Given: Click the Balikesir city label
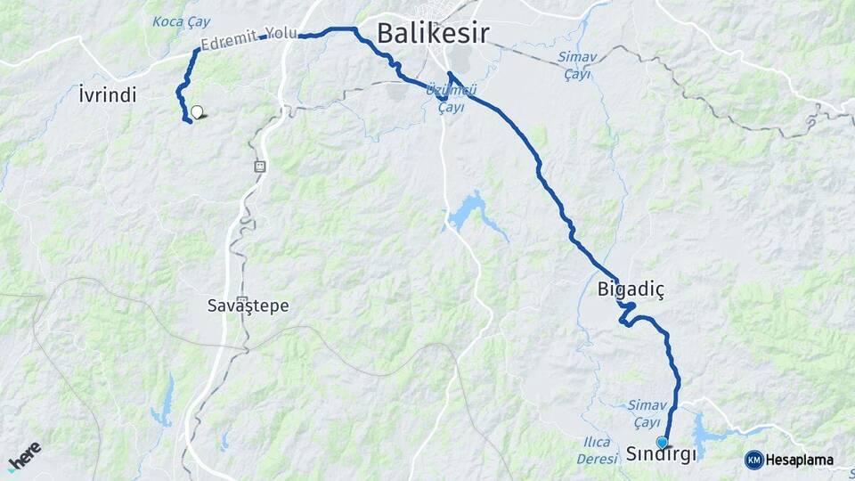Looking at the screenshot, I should click(433, 34).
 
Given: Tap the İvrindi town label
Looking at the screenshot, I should click(107, 94).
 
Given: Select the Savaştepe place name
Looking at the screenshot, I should click(248, 306).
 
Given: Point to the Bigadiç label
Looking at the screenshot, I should click(631, 289).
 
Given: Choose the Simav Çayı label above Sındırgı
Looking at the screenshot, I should click(644, 412).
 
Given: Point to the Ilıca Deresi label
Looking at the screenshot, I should click(596, 451).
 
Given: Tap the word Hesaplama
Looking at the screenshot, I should click(799, 461).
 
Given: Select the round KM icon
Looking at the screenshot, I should click(753, 461).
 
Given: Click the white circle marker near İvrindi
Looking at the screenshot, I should click(197, 112).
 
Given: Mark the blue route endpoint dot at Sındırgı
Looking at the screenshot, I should click(662, 442).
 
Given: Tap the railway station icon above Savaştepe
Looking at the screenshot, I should click(260, 166).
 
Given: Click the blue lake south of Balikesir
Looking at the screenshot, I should click(468, 211).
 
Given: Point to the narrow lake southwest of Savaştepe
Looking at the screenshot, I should click(164, 405).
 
